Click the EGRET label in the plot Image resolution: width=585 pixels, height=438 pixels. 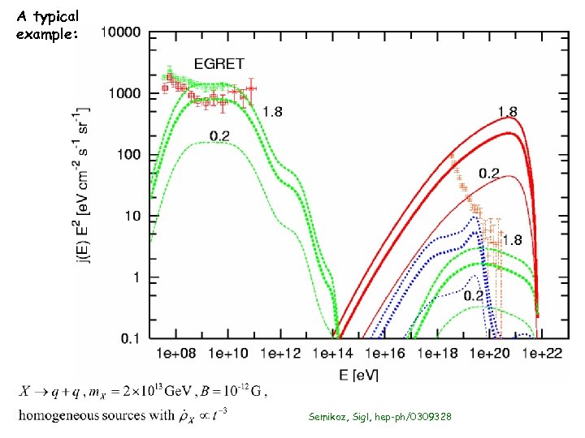[x=218, y=64]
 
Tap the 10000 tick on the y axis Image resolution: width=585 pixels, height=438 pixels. [x=119, y=33]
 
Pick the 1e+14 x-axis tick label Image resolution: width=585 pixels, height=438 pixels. [x=331, y=354]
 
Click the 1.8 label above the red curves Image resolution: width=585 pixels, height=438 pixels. [x=508, y=111]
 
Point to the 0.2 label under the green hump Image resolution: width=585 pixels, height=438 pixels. [x=219, y=135]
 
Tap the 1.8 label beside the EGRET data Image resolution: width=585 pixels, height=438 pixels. [x=272, y=112]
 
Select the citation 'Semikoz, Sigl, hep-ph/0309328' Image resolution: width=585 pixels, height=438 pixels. [x=379, y=416]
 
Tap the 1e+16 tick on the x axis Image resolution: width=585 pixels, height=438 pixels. [x=383, y=354]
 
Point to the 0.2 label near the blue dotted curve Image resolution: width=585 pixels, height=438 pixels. [x=474, y=295]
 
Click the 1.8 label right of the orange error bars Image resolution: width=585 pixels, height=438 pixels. [x=512, y=241]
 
